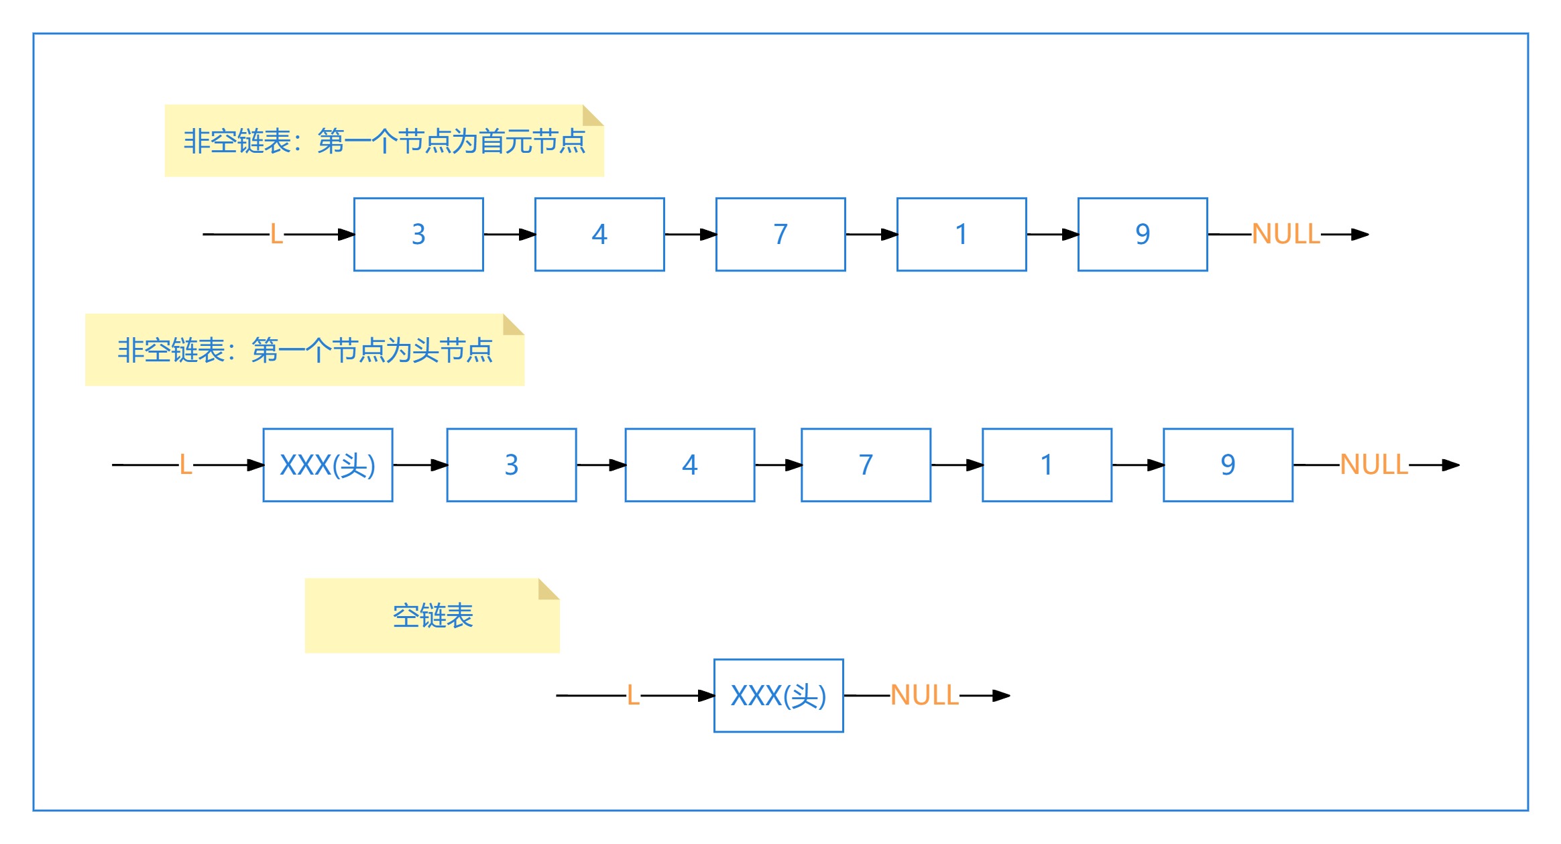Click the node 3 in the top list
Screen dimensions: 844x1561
(x=418, y=235)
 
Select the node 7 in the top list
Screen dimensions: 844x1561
(x=780, y=235)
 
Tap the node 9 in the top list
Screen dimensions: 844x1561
(x=1143, y=235)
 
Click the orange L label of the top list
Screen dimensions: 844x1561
(x=276, y=235)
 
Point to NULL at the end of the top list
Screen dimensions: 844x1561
(x=1285, y=235)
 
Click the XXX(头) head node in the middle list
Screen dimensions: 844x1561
(x=328, y=465)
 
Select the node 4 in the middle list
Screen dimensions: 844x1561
(x=690, y=465)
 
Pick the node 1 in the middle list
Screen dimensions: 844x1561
(x=1047, y=465)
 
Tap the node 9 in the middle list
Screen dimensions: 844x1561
(x=1228, y=465)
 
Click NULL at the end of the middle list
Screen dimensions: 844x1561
(x=1373, y=465)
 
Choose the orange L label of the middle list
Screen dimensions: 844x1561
(x=186, y=465)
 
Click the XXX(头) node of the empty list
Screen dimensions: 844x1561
(x=778, y=696)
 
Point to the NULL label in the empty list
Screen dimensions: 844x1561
(x=924, y=696)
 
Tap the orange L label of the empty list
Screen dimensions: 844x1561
(x=633, y=696)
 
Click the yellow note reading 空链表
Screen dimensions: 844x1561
(x=432, y=615)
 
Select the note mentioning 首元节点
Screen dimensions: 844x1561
(x=384, y=141)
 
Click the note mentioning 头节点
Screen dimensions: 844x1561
(x=304, y=350)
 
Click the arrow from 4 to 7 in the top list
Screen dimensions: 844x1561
(x=690, y=235)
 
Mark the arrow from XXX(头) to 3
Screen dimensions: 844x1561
(x=420, y=465)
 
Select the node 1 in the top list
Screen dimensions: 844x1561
(x=962, y=235)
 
